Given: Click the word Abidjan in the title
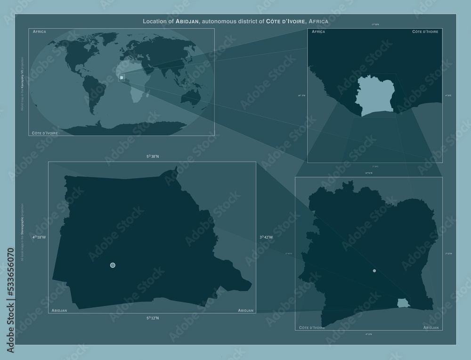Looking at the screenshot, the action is coord(189,22).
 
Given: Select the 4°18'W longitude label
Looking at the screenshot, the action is coord(39,237).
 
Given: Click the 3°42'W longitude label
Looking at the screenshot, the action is coord(266,237).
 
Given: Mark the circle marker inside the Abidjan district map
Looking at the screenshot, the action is coord(113,265).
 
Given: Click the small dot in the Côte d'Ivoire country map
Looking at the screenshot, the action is coord(374,271).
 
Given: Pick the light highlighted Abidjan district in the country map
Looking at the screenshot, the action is coord(403,303).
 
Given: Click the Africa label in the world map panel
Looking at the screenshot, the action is coord(40,32).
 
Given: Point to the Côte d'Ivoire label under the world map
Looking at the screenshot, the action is coord(45,133).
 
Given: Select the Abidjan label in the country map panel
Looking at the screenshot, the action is coord(431,327).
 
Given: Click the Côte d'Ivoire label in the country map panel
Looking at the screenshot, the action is coord(312,327).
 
